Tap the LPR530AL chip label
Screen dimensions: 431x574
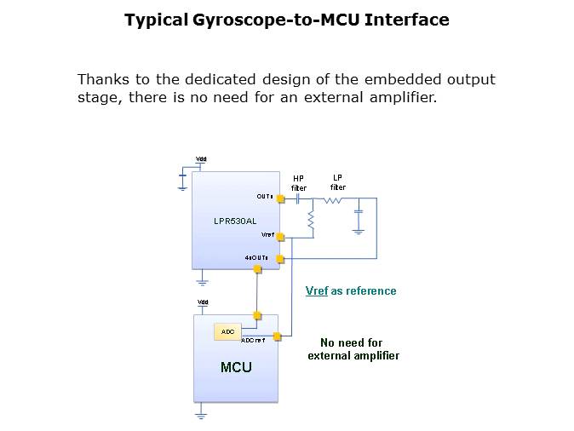pos(234,221)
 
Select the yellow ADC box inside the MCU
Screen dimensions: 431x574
pos(227,331)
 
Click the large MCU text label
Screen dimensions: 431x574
pos(236,367)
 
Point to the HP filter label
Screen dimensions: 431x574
pos(299,183)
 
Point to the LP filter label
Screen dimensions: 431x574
pos(338,182)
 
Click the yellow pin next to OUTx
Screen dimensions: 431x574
pos(280,199)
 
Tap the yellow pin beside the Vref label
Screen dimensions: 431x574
pos(280,237)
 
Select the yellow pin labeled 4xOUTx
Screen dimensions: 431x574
pos(280,258)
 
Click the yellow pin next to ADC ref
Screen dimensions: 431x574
pos(277,336)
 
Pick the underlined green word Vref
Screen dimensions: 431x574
pos(317,290)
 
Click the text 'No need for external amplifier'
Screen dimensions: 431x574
pos(353,349)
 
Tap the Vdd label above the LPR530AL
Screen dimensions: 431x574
pos(201,159)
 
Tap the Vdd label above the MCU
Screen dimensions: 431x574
pos(203,302)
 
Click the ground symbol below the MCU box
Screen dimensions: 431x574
pos(202,415)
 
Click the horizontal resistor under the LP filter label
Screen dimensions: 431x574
pos(333,200)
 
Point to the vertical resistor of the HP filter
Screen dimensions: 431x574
pos(313,221)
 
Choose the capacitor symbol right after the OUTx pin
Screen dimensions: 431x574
pos(299,199)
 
